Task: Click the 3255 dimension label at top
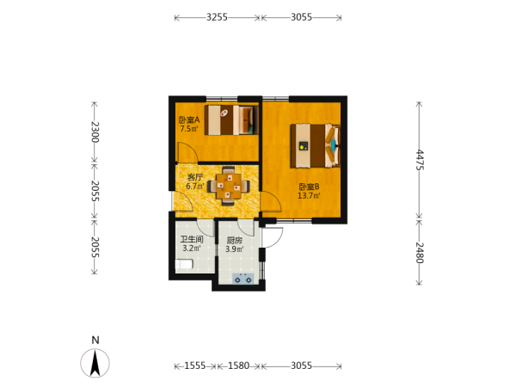[x=217, y=17]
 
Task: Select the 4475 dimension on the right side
[x=420, y=160]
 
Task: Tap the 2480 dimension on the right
[x=420, y=253]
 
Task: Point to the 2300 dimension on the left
[x=95, y=132]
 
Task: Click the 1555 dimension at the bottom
[x=195, y=365]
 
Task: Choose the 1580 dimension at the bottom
[x=238, y=365]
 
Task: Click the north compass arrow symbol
[x=95, y=363]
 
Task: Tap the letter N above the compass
[x=95, y=340]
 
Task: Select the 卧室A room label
[x=189, y=120]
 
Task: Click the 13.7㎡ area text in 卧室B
[x=309, y=196]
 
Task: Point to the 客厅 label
[x=195, y=177]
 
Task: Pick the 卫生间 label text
[x=192, y=239]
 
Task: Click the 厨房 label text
[x=234, y=240]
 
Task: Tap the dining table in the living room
[x=229, y=187]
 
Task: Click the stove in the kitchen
[x=243, y=279]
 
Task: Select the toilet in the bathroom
[x=184, y=264]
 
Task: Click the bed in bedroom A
[x=231, y=120]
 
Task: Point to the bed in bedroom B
[x=316, y=145]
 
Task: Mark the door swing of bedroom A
[x=187, y=153]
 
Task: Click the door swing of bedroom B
[x=271, y=202]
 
